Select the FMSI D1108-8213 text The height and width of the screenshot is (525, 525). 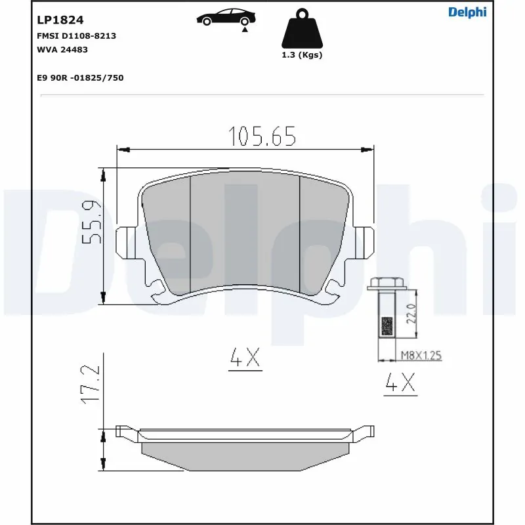76,36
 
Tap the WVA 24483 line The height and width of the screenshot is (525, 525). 63,49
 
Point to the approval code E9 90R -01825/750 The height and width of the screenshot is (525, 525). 81,77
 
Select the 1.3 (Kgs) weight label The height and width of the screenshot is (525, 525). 302,55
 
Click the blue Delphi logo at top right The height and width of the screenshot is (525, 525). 467,12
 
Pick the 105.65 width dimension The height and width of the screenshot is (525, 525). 262,136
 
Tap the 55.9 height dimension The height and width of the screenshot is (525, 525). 91,222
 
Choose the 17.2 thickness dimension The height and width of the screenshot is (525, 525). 91,385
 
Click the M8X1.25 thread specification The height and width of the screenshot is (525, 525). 421,356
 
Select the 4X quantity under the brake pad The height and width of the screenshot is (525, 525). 245,358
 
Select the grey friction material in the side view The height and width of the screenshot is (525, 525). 246,455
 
